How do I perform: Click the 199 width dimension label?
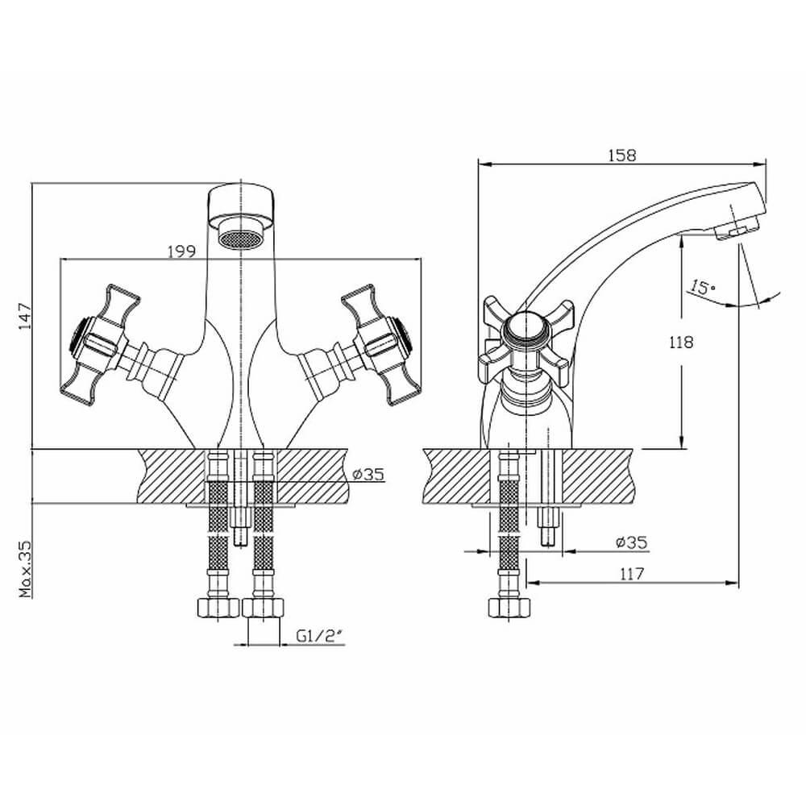click(x=182, y=251)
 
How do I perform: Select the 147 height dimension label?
click(x=25, y=317)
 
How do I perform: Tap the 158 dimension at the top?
click(x=622, y=156)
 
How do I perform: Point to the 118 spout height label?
click(x=681, y=342)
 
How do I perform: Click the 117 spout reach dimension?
click(x=631, y=574)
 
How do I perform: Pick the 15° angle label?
click(x=703, y=288)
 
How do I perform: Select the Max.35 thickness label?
click(x=25, y=569)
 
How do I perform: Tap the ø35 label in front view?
click(x=368, y=474)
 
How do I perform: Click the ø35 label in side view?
click(x=632, y=542)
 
